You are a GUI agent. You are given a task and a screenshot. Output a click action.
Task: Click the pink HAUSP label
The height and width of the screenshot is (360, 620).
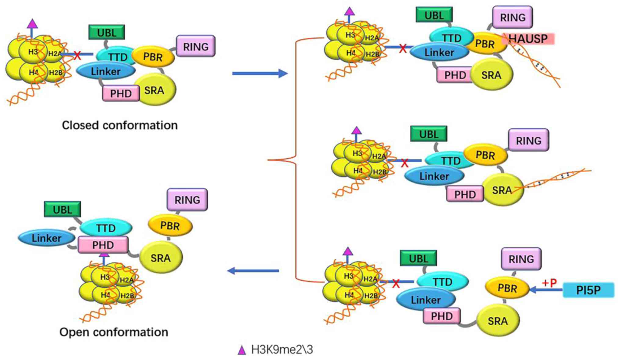pos(531,39)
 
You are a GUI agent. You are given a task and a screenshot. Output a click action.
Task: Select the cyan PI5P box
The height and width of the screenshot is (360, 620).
pos(588,290)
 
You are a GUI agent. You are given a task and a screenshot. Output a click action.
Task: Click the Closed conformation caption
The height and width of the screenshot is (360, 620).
pos(120,125)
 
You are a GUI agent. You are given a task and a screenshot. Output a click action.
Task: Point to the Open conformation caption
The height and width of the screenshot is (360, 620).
pos(114,332)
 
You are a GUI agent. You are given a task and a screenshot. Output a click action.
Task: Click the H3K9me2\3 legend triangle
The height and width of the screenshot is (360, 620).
pos(242,350)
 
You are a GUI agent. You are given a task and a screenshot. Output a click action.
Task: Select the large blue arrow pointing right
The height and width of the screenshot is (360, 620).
pos(259,73)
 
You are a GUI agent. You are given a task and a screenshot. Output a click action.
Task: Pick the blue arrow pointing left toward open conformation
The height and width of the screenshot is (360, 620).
pos(253,271)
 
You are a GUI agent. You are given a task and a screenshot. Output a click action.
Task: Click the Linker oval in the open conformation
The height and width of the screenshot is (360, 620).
pos(46,238)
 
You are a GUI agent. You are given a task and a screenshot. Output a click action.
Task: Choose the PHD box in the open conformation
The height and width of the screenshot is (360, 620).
pos(103,245)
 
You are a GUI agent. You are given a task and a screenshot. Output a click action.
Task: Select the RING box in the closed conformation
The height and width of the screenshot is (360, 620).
pos(196,46)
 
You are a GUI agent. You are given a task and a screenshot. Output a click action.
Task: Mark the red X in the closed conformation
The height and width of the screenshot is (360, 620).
pos(77,56)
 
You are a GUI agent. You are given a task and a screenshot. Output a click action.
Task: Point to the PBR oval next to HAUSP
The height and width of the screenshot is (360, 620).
pos(485,44)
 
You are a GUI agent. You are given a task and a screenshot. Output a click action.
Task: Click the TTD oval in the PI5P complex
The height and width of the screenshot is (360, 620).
pos(442,282)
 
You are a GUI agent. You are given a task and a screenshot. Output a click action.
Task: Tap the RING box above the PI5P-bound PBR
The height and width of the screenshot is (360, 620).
pos(521,259)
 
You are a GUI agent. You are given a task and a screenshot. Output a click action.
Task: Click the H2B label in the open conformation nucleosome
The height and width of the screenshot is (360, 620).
pos(127,296)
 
